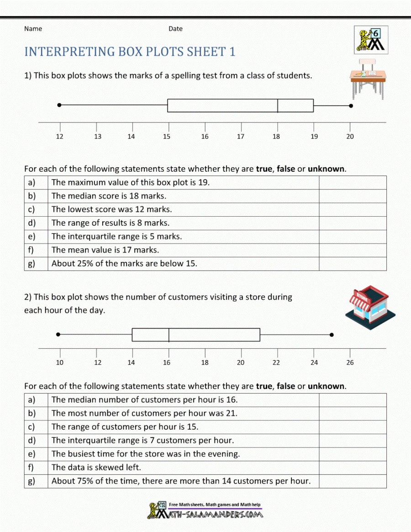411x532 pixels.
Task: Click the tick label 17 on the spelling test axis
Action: click(x=241, y=136)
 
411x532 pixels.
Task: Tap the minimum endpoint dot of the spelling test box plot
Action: click(x=59, y=105)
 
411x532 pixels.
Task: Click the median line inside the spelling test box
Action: click(x=278, y=105)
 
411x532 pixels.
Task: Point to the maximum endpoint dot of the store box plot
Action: click(x=332, y=335)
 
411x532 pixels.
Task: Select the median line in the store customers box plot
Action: click(x=169, y=335)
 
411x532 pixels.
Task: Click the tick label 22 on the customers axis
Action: click(x=276, y=362)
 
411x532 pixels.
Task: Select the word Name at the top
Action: click(x=33, y=29)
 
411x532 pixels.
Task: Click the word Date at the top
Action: click(x=175, y=29)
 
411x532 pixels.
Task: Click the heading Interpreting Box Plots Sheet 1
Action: click(x=130, y=52)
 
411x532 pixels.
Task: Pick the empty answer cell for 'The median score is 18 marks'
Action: click(x=353, y=196)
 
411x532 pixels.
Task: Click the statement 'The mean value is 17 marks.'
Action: click(x=105, y=250)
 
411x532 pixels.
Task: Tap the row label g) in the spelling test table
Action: click(x=32, y=264)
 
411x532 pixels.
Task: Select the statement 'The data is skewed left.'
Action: click(x=96, y=467)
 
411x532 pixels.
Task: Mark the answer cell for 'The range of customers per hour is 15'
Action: click(x=353, y=427)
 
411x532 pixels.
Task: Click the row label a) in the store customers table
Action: click(x=32, y=400)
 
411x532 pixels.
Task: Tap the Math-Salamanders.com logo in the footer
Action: click(x=205, y=510)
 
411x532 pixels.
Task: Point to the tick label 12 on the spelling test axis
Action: click(x=60, y=136)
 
